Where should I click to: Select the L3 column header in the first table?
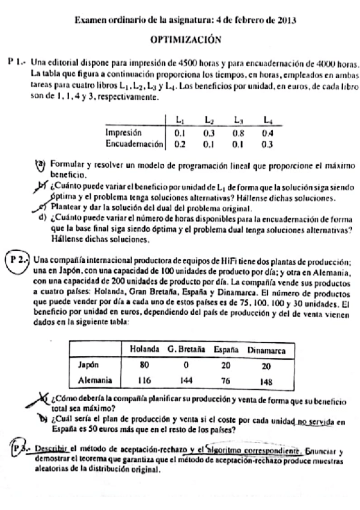coord(239,120)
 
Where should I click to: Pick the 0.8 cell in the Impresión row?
coord(239,133)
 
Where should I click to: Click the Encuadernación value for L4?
coord(267,144)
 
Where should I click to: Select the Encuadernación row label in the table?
coord(135,144)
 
